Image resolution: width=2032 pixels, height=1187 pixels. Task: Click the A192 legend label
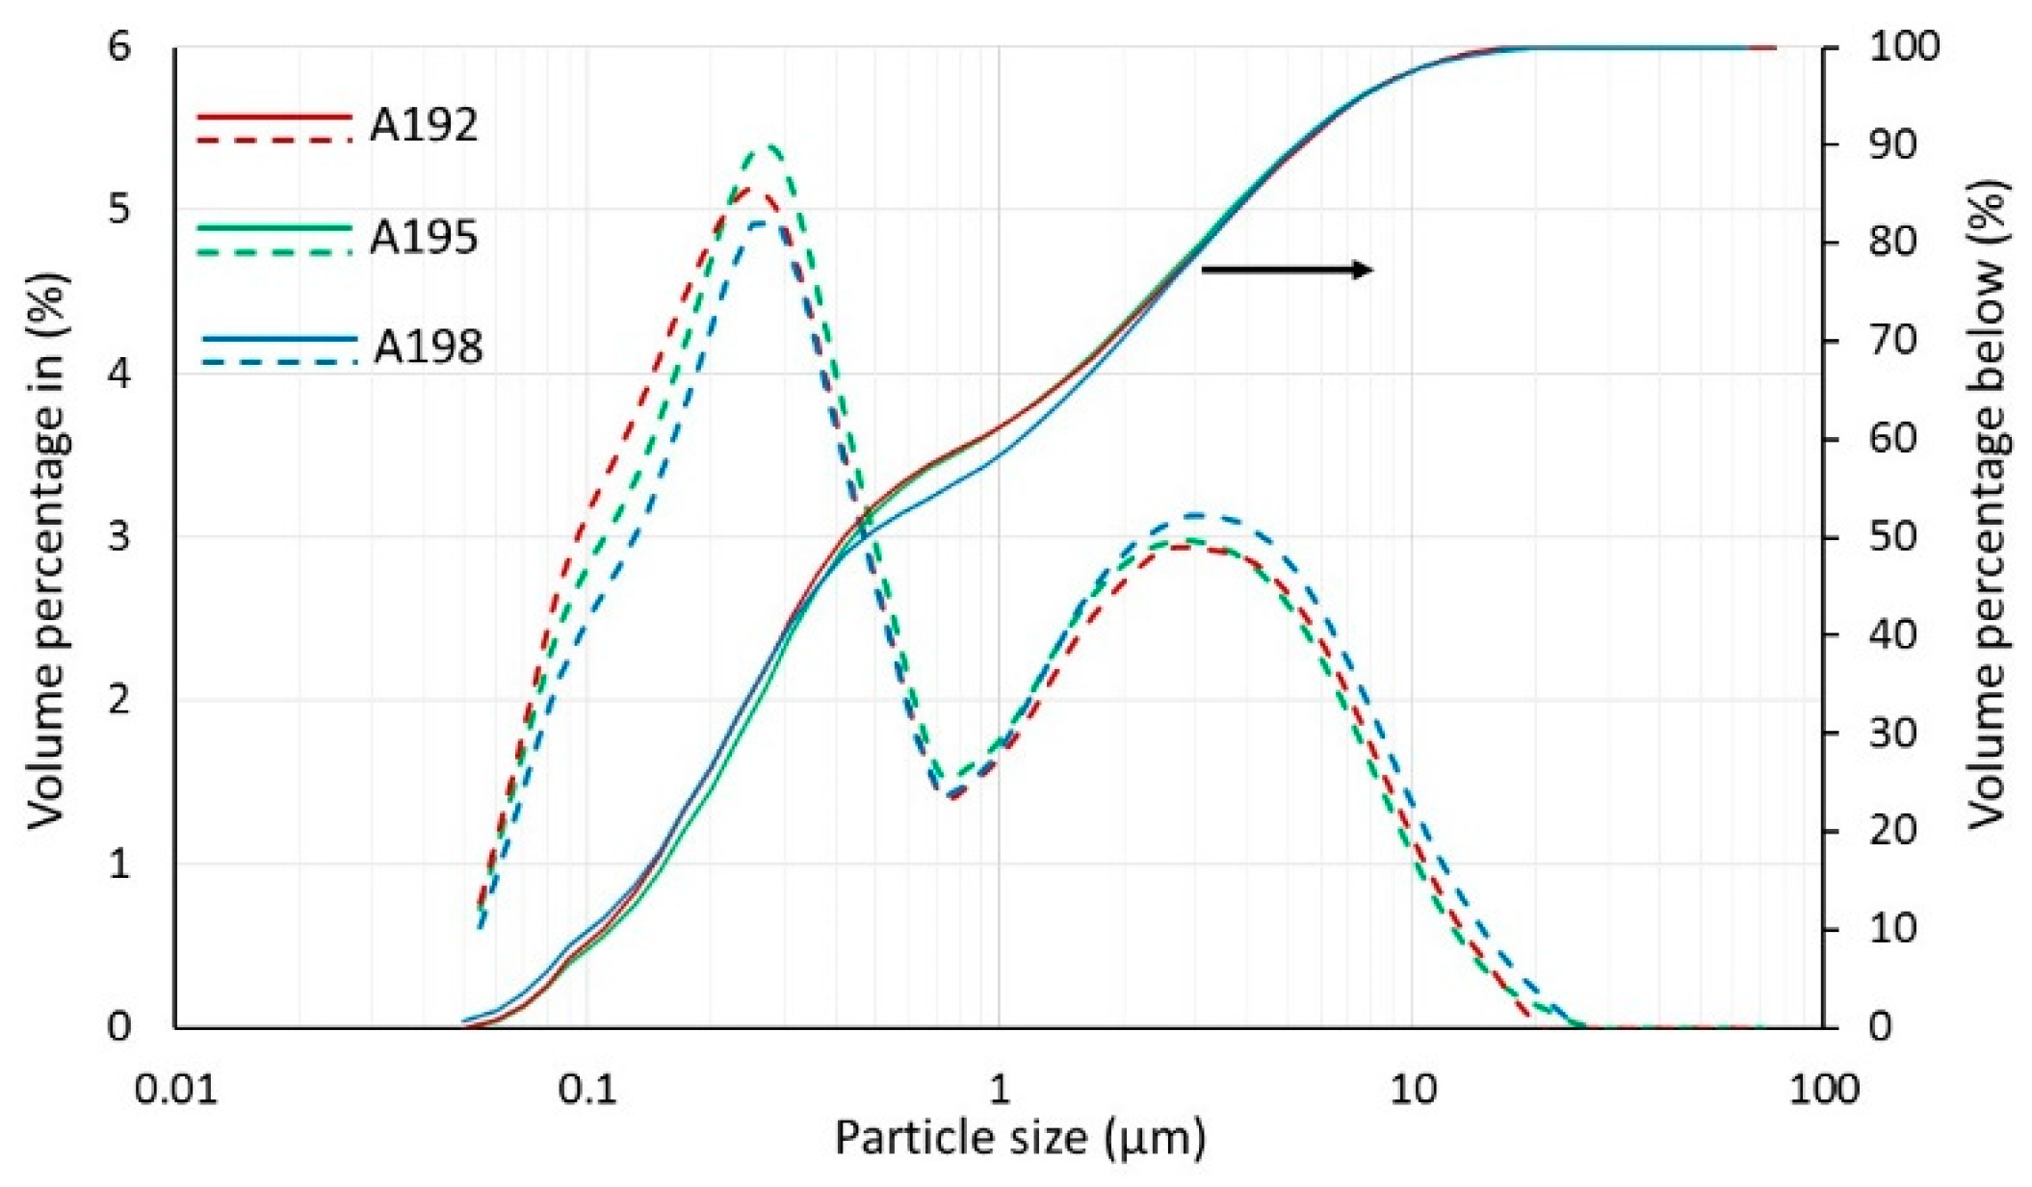pyautogui.click(x=423, y=126)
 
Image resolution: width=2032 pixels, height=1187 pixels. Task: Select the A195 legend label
pyautogui.click(x=423, y=237)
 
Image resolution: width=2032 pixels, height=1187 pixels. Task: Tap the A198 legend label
pyautogui.click(x=428, y=348)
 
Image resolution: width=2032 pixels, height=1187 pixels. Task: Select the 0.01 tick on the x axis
pyautogui.click(x=175, y=1089)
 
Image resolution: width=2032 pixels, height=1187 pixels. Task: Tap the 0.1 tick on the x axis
pyautogui.click(x=587, y=1089)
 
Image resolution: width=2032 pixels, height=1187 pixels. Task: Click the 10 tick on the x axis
pyautogui.click(x=1412, y=1089)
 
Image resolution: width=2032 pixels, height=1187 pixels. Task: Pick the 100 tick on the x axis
pyautogui.click(x=1822, y=1089)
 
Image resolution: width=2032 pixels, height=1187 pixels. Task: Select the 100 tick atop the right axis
pyautogui.click(x=1903, y=46)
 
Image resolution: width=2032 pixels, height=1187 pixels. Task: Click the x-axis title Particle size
pyautogui.click(x=1019, y=1139)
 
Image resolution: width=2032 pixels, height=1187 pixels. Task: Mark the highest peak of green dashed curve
pyautogui.click(x=769, y=147)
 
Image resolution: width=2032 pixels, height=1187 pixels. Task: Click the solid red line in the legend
pyautogui.click(x=274, y=116)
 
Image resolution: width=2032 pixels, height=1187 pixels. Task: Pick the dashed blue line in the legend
pyautogui.click(x=279, y=362)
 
